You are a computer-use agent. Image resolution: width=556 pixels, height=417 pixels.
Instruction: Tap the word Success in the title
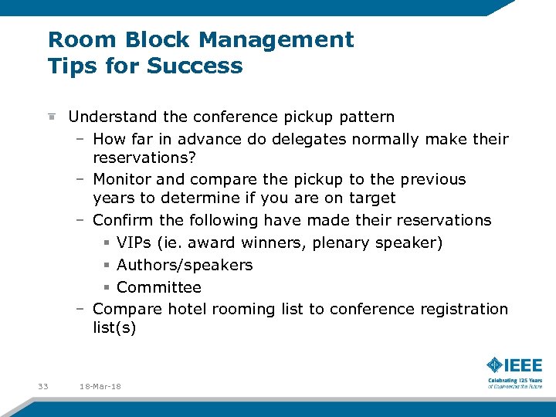(x=202, y=66)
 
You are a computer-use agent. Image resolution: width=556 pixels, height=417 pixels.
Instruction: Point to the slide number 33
(x=42, y=386)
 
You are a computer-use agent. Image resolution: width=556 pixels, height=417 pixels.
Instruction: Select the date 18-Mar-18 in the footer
(x=100, y=386)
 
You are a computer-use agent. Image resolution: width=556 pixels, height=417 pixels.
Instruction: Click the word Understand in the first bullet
(x=113, y=117)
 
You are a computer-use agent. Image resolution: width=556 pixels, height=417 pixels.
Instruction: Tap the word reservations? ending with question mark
(x=144, y=158)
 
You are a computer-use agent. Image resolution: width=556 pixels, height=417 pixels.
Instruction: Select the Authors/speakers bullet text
(x=185, y=265)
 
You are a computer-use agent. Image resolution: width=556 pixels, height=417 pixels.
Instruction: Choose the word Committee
(x=159, y=287)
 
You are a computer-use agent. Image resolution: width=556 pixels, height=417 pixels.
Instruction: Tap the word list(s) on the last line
(x=114, y=327)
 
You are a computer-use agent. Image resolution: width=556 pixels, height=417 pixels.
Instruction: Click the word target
(x=372, y=198)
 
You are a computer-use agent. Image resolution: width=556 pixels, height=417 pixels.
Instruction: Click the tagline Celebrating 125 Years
(x=514, y=380)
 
